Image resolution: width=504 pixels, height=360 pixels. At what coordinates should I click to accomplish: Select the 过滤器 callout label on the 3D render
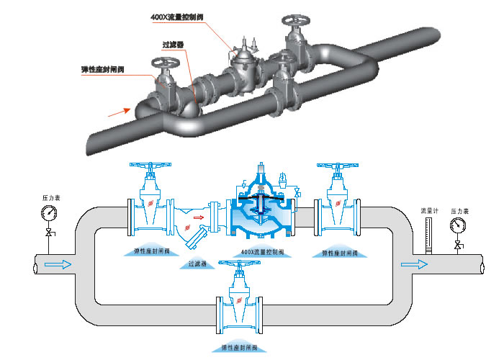[174, 44]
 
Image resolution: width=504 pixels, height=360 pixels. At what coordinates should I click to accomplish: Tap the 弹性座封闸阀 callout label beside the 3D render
[104, 69]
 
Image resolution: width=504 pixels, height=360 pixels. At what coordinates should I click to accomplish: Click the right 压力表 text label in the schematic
[459, 211]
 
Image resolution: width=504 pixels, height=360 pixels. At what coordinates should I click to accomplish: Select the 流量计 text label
[430, 211]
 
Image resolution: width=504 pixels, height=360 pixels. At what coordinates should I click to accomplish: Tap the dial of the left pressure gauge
[49, 213]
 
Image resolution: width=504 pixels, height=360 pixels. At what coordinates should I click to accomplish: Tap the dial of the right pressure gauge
[458, 225]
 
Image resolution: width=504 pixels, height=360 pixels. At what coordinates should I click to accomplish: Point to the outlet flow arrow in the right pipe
[411, 264]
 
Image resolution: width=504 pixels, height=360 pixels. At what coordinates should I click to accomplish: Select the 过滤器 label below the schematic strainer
[197, 264]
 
